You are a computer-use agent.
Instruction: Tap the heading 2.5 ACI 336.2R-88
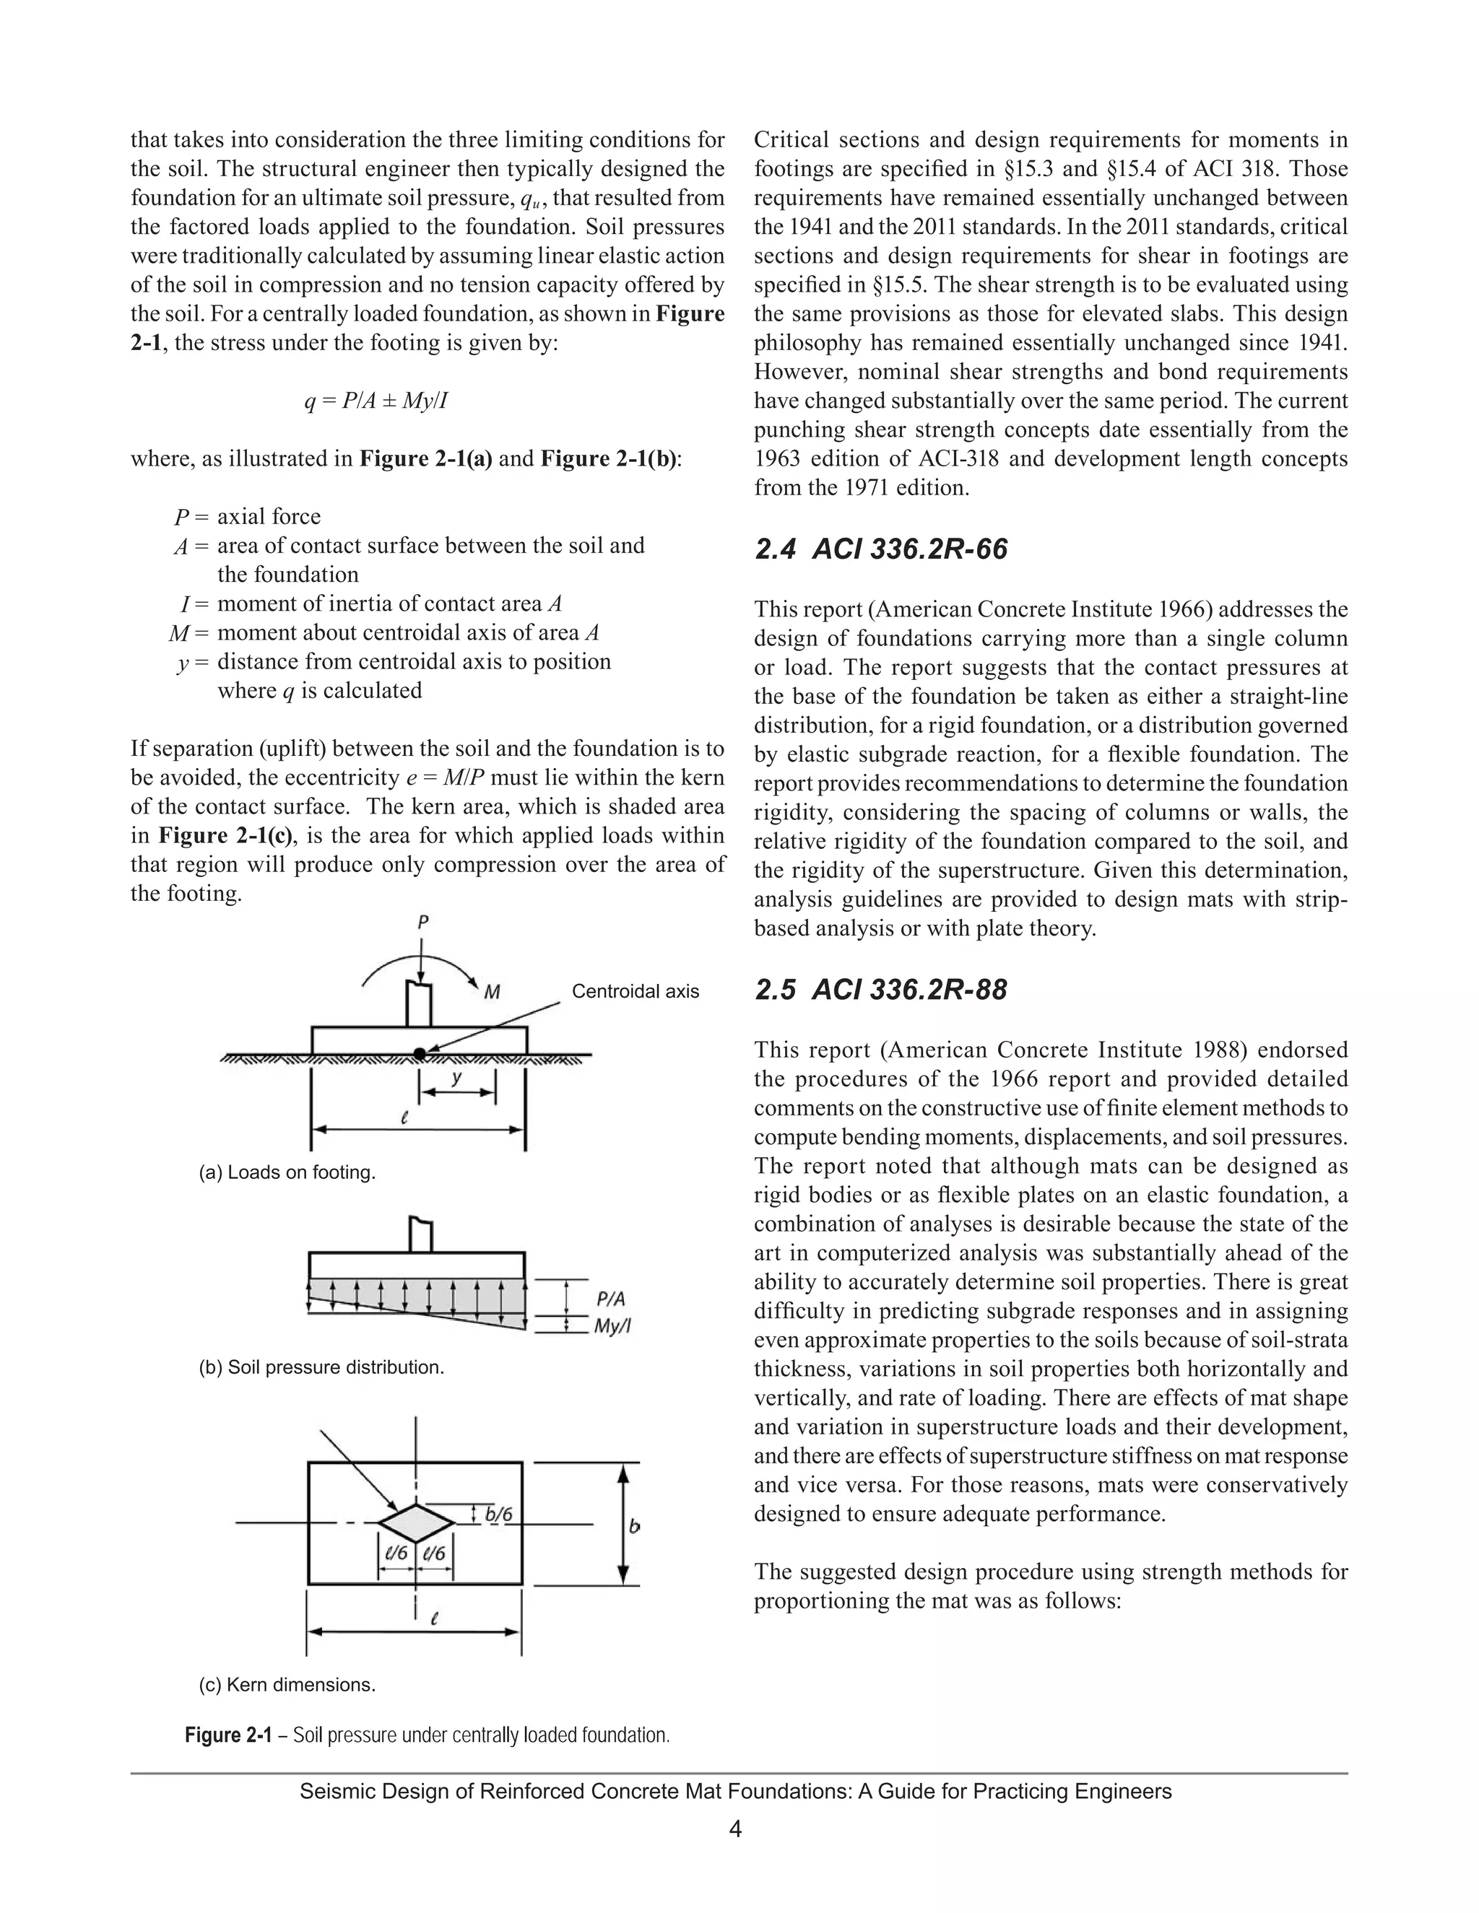click(880, 990)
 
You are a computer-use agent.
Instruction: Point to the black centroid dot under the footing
click(420, 1054)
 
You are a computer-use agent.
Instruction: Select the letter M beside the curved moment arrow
click(493, 992)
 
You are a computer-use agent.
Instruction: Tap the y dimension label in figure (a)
click(456, 1079)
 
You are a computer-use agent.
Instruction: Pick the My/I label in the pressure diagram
click(612, 1326)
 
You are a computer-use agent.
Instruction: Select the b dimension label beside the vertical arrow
click(634, 1526)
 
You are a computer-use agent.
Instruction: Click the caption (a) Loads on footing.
click(287, 1172)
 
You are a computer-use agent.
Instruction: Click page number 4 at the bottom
click(736, 1829)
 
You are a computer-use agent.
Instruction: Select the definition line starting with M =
click(386, 632)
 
